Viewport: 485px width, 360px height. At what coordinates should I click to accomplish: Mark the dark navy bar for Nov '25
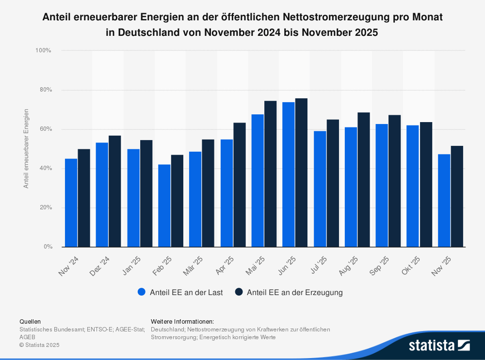point(457,196)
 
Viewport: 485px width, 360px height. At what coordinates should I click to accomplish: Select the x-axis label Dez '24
point(100,266)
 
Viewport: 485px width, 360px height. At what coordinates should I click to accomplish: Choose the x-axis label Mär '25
point(193,266)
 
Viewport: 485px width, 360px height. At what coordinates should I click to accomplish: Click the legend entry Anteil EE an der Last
point(180,292)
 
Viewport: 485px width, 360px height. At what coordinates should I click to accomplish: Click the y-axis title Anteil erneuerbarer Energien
point(26,149)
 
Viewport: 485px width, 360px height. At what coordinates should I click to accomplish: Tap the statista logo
point(439,345)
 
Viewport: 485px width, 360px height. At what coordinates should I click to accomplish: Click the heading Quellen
point(30,321)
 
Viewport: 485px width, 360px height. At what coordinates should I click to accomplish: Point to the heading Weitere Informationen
point(182,321)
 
